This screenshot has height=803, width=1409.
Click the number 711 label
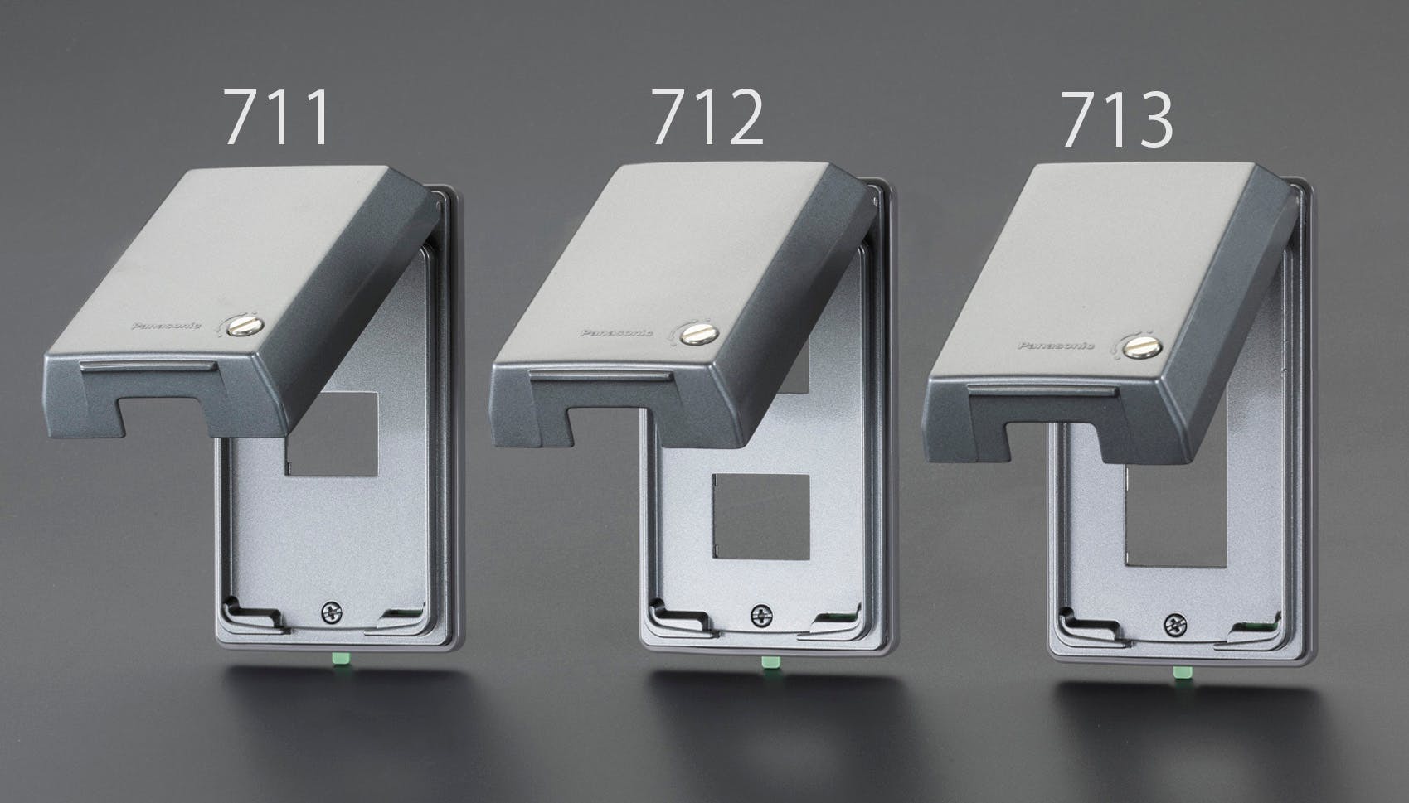[277, 117]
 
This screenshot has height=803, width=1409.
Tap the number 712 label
[707, 117]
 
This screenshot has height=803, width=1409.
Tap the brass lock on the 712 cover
[699, 332]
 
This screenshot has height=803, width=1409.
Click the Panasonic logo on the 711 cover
[167, 326]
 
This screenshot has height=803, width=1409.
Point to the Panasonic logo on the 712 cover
[616, 332]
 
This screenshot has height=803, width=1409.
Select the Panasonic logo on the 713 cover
[1057, 345]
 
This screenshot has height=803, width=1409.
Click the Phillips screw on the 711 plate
[332, 612]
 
